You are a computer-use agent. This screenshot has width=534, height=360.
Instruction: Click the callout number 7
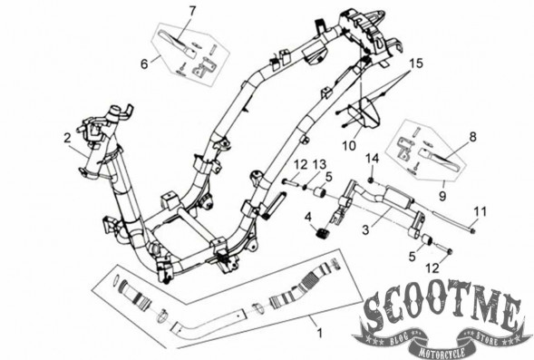[x=192, y=11]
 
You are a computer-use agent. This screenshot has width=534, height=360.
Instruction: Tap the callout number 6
[x=144, y=64]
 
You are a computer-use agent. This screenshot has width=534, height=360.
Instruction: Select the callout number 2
[x=67, y=138]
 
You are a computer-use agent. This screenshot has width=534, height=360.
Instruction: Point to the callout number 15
[x=416, y=63]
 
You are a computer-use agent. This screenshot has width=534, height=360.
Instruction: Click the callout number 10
[x=349, y=145]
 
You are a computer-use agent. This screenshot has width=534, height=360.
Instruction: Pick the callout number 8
[x=472, y=137]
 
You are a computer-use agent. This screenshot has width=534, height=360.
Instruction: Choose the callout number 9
[x=442, y=196]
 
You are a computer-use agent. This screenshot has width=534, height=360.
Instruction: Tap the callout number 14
[x=373, y=159]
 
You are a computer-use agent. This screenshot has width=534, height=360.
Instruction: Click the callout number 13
[x=320, y=165]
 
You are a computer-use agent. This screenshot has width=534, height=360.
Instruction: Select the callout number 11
[x=481, y=212]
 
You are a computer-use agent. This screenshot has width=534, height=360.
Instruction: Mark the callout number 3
[x=365, y=230]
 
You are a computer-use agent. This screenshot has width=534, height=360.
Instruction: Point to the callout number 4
[x=308, y=217]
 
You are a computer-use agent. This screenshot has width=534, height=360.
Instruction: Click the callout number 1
[x=319, y=333]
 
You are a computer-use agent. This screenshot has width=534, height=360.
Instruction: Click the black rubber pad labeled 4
[x=322, y=234]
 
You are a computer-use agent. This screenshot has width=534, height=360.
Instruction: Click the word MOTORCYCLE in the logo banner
[x=442, y=352]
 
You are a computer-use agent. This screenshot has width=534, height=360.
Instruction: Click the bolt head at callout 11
[x=472, y=231]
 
